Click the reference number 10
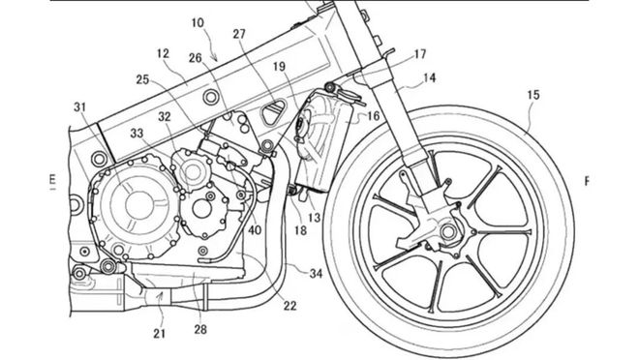pyautogui.click(x=198, y=22)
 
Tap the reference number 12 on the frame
pyautogui.click(x=163, y=53)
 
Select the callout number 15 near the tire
pyautogui.click(x=533, y=95)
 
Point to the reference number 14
pyautogui.click(x=429, y=77)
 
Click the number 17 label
pyautogui.click(x=420, y=54)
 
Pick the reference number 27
pyautogui.click(x=239, y=34)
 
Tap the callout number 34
pyautogui.click(x=316, y=273)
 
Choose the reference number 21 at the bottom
pyautogui.click(x=160, y=334)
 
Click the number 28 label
pyautogui.click(x=200, y=329)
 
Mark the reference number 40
pyautogui.click(x=255, y=229)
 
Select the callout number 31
pyautogui.click(x=80, y=107)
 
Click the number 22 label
pyautogui.click(x=289, y=306)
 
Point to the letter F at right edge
pyautogui.click(x=587, y=181)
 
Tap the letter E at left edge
pyautogui.click(x=51, y=179)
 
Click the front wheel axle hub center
pyautogui.click(x=447, y=232)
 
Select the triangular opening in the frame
pyautogui.click(x=273, y=112)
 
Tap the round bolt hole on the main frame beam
pyautogui.click(x=210, y=97)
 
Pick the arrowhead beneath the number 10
pyautogui.click(x=217, y=60)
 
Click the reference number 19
pyautogui.click(x=279, y=67)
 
